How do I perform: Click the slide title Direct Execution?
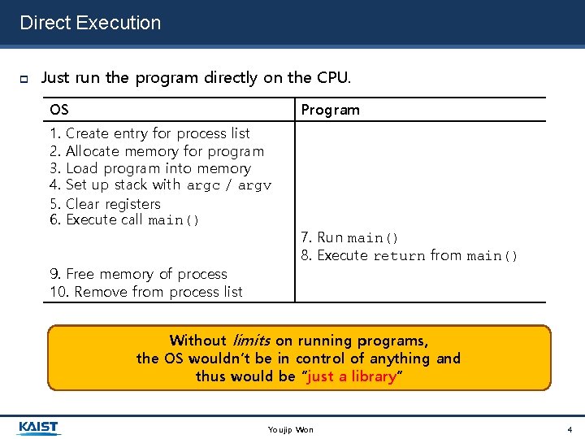[90, 23]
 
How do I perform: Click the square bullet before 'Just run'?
[24, 79]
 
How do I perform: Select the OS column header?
[59, 110]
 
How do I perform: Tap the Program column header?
[330, 110]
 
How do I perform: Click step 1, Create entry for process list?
[149, 133]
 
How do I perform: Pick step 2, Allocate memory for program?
[157, 151]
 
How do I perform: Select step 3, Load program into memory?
[150, 169]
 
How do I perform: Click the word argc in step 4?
[203, 186]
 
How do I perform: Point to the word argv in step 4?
[254, 186]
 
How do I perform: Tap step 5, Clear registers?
[105, 204]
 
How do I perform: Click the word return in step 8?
[399, 256]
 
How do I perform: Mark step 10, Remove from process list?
[146, 292]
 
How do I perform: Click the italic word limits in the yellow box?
[251, 341]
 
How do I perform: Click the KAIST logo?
[39, 428]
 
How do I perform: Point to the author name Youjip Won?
[290, 429]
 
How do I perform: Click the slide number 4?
[570, 429]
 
